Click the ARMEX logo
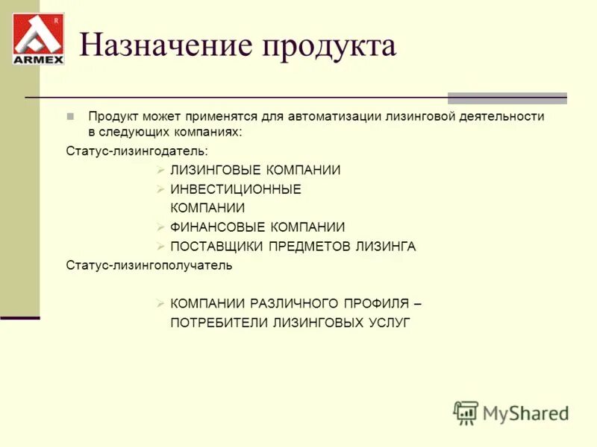(x=38, y=39)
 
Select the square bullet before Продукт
(x=70, y=117)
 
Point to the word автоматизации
(x=336, y=117)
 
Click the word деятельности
(x=496, y=117)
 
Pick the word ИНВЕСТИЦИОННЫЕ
(x=235, y=189)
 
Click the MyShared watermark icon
(x=466, y=412)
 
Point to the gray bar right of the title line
(x=507, y=98)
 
